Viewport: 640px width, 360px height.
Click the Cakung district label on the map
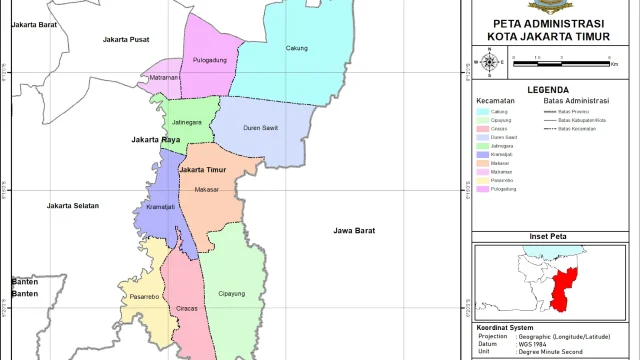click(296, 48)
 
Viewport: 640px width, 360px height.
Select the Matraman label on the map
click(164, 77)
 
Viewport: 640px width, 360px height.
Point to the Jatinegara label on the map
click(187, 122)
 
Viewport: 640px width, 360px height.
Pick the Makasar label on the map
click(207, 189)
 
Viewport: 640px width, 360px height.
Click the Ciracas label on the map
click(185, 308)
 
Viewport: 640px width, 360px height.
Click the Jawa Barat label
click(355, 231)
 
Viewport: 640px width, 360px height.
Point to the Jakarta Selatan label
click(73, 206)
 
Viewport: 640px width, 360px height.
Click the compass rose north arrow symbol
click(489, 63)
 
